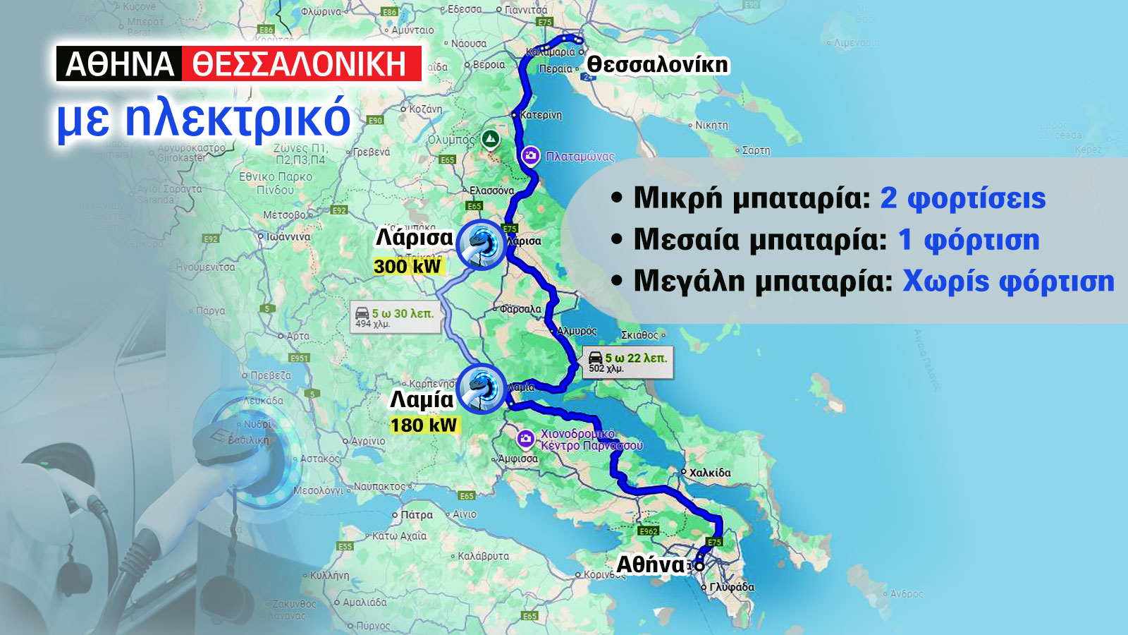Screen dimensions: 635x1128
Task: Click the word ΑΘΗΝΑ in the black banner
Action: tap(119, 64)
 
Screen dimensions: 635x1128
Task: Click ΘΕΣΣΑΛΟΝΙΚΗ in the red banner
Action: tap(300, 64)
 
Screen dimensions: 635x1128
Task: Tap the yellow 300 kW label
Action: tap(407, 266)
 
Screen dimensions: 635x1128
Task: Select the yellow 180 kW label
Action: tap(424, 425)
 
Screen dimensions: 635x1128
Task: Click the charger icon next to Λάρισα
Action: tap(482, 244)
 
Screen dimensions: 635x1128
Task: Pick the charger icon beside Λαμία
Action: tap(482, 388)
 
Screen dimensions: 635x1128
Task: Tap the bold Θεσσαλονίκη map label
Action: tap(657, 64)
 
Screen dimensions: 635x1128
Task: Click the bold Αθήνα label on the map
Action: tap(650, 564)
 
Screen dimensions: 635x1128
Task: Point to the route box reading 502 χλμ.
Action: tap(627, 362)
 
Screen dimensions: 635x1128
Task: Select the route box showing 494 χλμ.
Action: tap(396, 317)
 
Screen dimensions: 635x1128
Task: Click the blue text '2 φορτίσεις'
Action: tap(963, 198)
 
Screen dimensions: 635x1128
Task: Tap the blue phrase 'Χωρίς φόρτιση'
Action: tap(1008, 281)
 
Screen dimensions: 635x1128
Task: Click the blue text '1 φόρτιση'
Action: tap(969, 240)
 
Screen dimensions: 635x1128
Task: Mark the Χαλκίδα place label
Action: tap(709, 473)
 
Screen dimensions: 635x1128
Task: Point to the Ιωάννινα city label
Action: tap(288, 237)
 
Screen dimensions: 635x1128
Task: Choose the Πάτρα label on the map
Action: tap(416, 515)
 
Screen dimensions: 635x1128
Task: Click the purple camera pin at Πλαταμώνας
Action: tap(530, 156)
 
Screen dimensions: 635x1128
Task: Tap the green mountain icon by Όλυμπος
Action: tap(491, 138)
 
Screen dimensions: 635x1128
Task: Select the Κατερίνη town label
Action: tap(541, 115)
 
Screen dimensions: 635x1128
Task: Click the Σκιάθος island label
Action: tap(639, 335)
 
